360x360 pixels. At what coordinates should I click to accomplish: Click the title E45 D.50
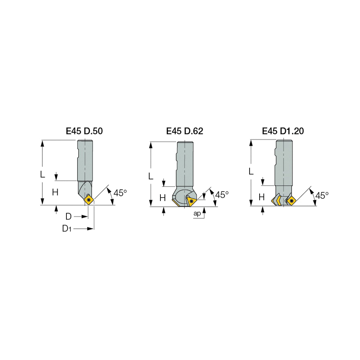[x=84, y=131]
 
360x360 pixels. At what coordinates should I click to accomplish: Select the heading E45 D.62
[x=184, y=131]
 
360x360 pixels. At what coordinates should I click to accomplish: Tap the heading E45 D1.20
[x=283, y=131]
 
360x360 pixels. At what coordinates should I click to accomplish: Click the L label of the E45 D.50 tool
[x=42, y=174]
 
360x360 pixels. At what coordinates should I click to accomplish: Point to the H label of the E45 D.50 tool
[x=55, y=192]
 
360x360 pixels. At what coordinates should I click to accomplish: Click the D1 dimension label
[x=67, y=228]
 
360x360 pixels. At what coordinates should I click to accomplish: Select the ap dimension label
[x=197, y=214]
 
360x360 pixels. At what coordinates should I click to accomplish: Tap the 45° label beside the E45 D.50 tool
[x=120, y=193]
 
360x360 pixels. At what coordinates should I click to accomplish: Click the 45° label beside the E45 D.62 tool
[x=222, y=195]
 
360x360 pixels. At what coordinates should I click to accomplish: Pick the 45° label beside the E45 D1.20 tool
[x=322, y=195]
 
